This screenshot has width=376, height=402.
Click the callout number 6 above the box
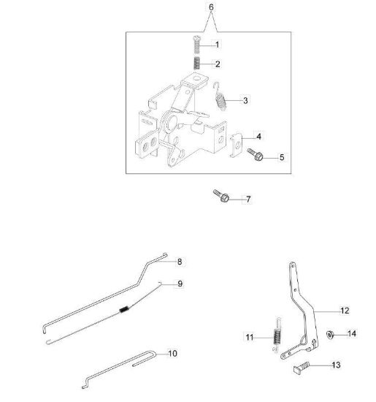point(211,7)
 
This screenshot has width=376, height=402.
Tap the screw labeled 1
point(196,45)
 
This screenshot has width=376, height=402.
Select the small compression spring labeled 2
point(196,63)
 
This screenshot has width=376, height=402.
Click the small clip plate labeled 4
point(236,145)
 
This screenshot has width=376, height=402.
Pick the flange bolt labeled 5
point(256,154)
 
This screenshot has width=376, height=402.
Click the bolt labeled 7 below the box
point(221,196)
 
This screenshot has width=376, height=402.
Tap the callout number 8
point(180,262)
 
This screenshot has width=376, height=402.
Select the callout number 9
point(180,284)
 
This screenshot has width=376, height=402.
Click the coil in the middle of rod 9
point(124,309)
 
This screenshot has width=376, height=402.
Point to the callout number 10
point(172,354)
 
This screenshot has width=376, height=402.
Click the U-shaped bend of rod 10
point(153,354)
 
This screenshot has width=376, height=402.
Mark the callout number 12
point(345,311)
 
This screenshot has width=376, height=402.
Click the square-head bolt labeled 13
point(302,368)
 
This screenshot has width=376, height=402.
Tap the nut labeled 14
point(330,335)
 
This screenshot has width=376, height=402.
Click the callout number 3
point(245,101)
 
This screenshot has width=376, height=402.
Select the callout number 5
point(282,157)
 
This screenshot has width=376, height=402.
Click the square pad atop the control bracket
point(195,80)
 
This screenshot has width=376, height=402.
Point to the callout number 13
point(336,365)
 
